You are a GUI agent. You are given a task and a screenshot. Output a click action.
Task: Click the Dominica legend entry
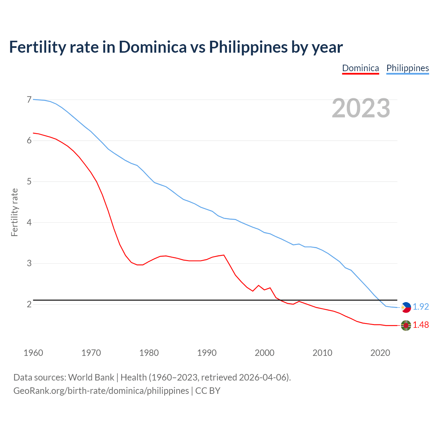[360, 68]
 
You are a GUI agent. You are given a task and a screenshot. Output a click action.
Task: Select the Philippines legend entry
[408, 68]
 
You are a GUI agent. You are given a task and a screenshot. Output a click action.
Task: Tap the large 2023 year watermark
[361, 108]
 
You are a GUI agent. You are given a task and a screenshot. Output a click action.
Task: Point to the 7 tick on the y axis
[29, 100]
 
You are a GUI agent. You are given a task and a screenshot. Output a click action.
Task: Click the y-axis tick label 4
[29, 222]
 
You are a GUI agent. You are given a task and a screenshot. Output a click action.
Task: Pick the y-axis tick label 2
[29, 304]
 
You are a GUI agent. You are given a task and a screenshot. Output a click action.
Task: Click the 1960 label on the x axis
[33, 353]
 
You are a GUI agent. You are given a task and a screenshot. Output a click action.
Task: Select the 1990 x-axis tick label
[207, 353]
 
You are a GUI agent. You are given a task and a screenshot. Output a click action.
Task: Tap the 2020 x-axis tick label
[380, 353]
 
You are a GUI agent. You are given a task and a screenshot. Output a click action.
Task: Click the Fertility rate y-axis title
[14, 212]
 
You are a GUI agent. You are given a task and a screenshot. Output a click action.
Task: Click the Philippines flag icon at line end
[406, 307]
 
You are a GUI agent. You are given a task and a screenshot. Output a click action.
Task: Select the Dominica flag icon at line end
[406, 325]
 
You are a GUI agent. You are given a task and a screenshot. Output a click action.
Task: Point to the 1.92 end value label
[421, 307]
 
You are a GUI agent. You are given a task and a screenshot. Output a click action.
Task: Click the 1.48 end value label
[421, 325]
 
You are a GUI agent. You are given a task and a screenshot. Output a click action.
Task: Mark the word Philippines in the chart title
[248, 47]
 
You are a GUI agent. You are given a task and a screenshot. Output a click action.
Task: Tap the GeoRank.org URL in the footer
[101, 391]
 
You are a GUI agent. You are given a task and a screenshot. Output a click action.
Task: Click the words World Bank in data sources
[91, 377]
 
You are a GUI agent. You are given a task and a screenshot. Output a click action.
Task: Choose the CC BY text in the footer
[208, 391]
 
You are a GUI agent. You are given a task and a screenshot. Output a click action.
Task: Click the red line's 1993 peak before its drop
[224, 255]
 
